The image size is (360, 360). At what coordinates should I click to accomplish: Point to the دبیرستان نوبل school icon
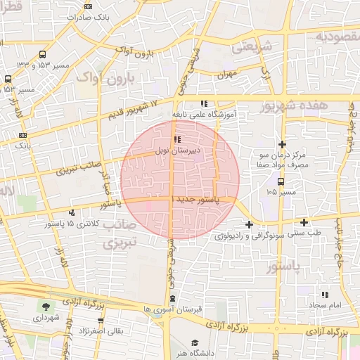176,139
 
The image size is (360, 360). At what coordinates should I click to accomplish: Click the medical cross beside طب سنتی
304,222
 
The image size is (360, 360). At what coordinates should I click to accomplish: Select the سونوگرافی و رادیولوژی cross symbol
249,224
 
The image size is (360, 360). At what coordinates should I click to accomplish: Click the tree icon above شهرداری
46,307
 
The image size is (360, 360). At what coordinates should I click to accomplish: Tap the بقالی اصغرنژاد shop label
98,330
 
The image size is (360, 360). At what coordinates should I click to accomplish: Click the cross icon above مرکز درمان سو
282,143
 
